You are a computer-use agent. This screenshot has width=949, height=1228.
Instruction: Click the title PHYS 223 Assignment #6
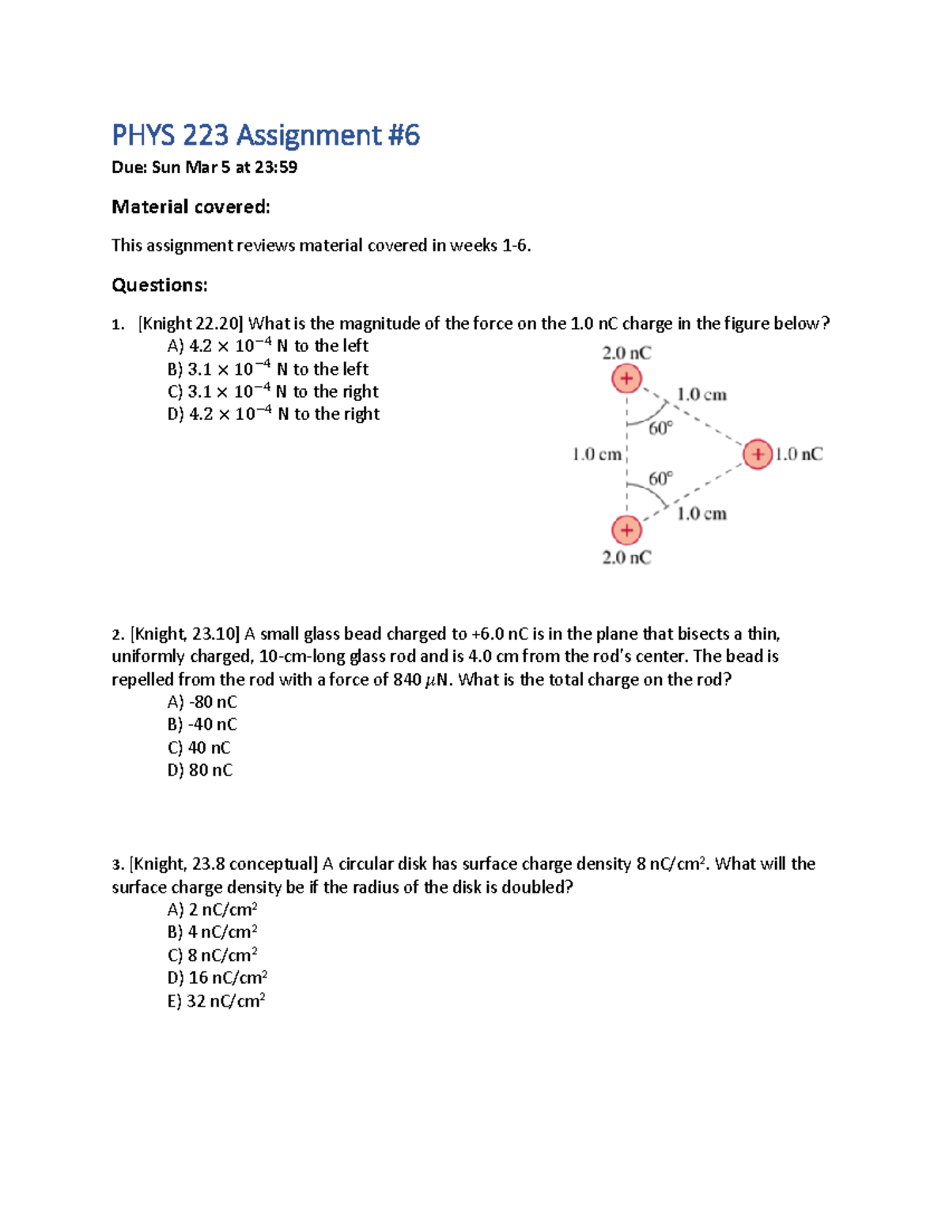click(x=265, y=135)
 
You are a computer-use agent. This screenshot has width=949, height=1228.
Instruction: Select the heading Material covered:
click(x=191, y=207)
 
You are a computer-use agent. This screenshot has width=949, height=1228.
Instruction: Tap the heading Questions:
click(x=159, y=285)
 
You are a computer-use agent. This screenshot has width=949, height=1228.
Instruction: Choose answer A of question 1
click(x=267, y=346)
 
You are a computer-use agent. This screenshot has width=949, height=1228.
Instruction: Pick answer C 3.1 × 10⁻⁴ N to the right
click(x=273, y=391)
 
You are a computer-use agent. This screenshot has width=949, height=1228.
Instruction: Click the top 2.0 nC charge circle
click(x=626, y=379)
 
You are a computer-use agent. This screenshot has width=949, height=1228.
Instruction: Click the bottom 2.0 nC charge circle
click(x=626, y=530)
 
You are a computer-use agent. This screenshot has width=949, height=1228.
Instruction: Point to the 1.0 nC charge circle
click(x=758, y=454)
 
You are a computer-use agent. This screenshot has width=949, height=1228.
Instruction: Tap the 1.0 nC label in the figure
click(x=799, y=454)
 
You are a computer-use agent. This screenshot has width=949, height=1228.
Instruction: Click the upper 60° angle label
click(x=660, y=429)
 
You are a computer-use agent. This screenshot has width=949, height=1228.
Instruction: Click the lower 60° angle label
click(x=660, y=478)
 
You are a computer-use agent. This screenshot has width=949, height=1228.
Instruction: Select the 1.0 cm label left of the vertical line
click(x=596, y=455)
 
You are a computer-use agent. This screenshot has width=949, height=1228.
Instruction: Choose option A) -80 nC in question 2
click(x=202, y=702)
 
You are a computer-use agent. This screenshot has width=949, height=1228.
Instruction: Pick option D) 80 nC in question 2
click(x=199, y=770)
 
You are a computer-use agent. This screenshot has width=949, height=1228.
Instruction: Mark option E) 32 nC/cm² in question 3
click(x=216, y=1001)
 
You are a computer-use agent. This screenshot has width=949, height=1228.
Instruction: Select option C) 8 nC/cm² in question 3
click(x=212, y=955)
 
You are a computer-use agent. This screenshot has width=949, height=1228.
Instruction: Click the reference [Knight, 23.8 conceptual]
click(x=223, y=864)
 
